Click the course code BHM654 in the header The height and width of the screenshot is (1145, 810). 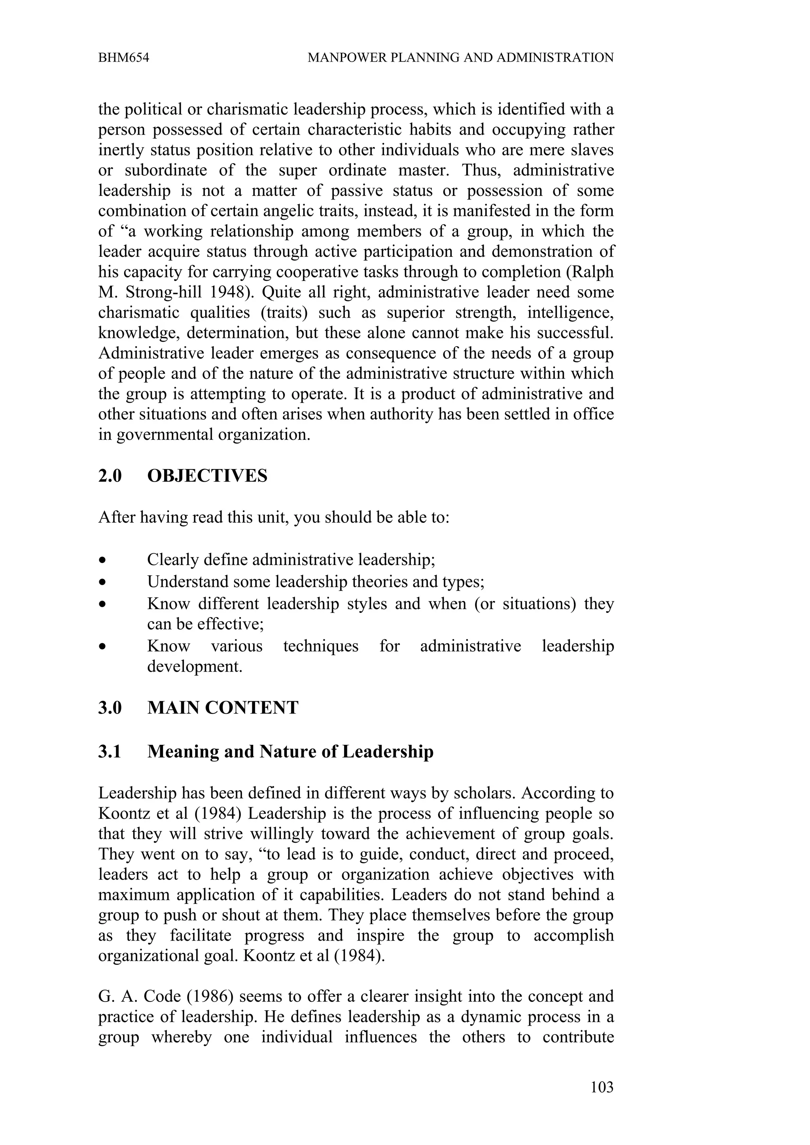[x=123, y=58]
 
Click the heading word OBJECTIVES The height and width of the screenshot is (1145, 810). [x=207, y=476]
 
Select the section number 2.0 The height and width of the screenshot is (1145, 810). [x=110, y=476]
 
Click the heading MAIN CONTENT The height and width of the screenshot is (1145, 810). [x=223, y=708]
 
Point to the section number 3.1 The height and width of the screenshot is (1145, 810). [x=110, y=751]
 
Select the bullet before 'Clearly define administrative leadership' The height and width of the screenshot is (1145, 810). [x=102, y=561]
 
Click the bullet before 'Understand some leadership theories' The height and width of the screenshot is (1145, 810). [x=102, y=582]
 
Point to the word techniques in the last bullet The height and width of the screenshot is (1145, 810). [x=320, y=646]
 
